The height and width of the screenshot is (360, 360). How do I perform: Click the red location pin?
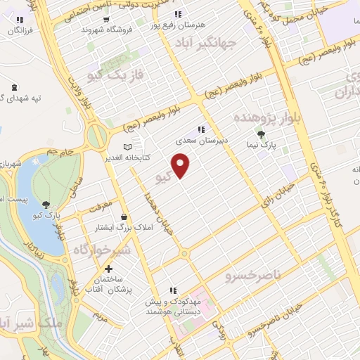pos(181,165)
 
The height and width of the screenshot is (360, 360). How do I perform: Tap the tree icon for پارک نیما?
pos(262,134)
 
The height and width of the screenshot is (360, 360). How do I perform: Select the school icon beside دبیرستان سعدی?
pos(201,129)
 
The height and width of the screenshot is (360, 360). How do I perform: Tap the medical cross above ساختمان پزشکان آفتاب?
pos(108,269)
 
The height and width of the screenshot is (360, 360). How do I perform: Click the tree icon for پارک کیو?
pos(46,205)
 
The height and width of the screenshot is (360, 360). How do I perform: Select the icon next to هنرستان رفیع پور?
pos(179,13)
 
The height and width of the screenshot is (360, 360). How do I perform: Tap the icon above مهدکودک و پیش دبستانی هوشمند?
pos(172,290)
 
